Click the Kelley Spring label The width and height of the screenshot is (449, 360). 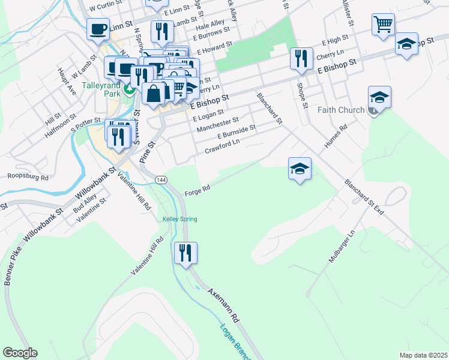pyautogui.click(x=179, y=219)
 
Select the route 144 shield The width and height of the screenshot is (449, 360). pyautogui.click(x=161, y=180)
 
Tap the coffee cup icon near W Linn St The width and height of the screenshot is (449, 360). pyautogui.click(x=98, y=28)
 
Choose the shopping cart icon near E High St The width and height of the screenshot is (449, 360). pyautogui.click(x=382, y=24)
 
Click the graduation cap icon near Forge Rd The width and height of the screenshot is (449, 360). pyautogui.click(x=300, y=169)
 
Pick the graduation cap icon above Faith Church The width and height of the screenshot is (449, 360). pyautogui.click(x=379, y=97)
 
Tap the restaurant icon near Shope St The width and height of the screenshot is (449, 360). pyautogui.click(x=300, y=58)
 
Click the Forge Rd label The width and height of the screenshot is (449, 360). pyautogui.click(x=197, y=189)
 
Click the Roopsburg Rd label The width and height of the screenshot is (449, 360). pyautogui.click(x=28, y=176)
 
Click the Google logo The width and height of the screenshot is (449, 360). pyautogui.click(x=20, y=353)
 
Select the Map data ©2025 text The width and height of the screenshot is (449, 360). pyautogui.click(x=424, y=355)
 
